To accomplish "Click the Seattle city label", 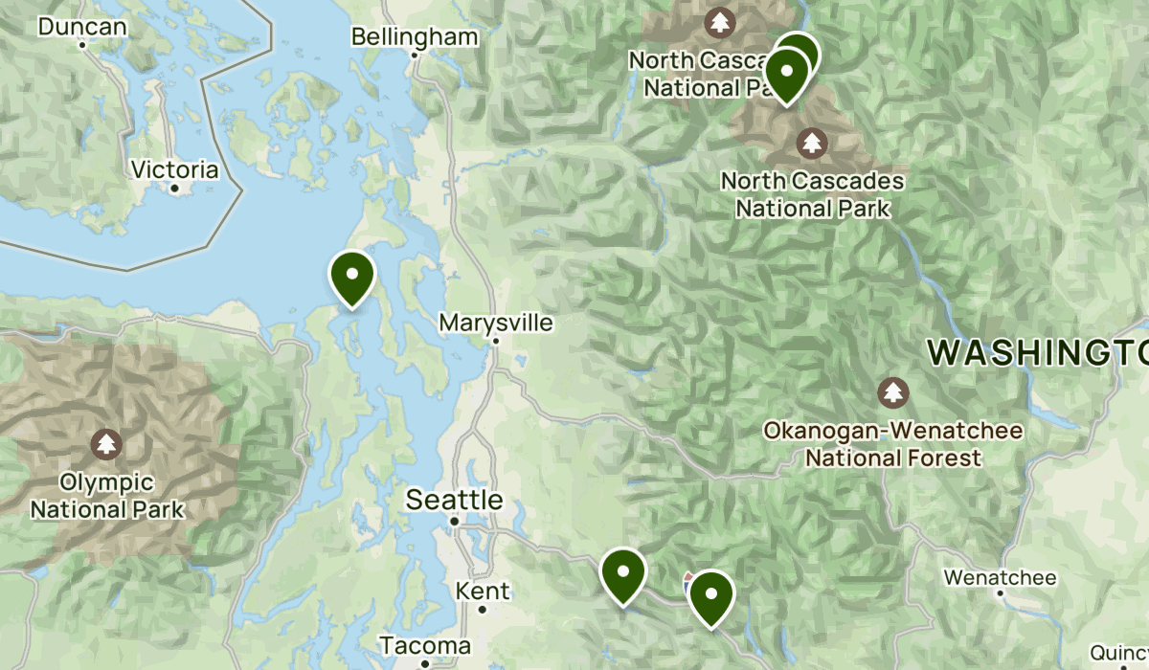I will coord(454,499).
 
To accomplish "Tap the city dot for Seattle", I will coord(455,522).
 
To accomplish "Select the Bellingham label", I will coord(414,36).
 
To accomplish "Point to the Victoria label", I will coord(174,170).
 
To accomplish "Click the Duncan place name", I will coord(82,26).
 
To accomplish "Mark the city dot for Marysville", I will coord(496,340).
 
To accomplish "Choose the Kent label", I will coord(483,591).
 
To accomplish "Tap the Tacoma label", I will coord(424,645).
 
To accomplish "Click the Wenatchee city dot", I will coord(1000,592).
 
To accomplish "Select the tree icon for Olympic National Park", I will coord(105,444).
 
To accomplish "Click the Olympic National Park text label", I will coord(106,496).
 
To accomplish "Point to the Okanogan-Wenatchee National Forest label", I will coord(892,445).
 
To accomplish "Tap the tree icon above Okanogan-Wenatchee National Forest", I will coord(892,391).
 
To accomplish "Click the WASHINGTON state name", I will coord(1038,353).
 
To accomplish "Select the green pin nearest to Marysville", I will coord(352,277).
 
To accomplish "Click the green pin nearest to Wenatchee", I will coord(711,596).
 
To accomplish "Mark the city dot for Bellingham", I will coord(415,55).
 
